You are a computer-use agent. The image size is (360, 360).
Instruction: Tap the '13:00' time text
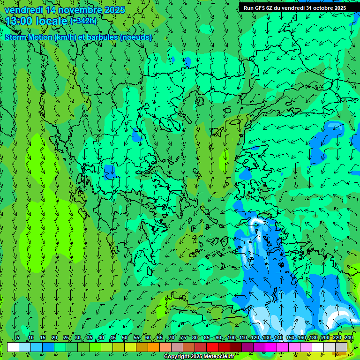pos(18,21)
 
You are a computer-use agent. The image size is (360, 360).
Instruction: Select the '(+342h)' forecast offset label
pos(83,21)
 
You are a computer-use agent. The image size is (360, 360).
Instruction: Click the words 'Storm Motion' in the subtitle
pos(29,37)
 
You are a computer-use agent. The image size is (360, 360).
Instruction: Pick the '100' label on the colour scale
pos(231,338)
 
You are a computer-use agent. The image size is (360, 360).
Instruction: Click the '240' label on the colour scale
pos(348,338)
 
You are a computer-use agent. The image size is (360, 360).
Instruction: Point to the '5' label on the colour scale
pos(18,338)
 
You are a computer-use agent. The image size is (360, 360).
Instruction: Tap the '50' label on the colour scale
pos(125,338)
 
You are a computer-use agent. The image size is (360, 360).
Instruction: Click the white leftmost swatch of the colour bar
pos(13,347)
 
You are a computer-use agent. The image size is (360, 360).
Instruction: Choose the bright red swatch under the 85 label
pos(212,347)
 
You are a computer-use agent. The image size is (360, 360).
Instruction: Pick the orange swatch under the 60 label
pos(154,347)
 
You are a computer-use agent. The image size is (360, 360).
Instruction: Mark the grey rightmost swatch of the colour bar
pos(342,347)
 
